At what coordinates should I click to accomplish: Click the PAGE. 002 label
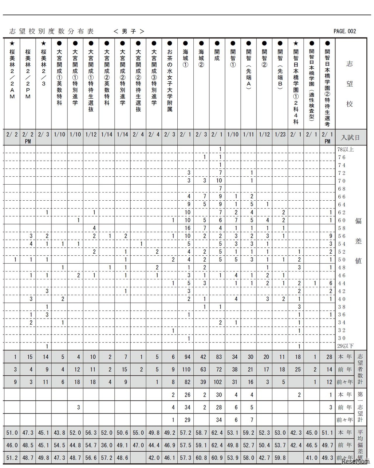tap(345, 31)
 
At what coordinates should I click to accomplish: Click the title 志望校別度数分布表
tap(51, 31)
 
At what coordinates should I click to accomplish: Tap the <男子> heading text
tap(129, 31)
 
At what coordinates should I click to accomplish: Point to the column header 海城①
tap(186, 58)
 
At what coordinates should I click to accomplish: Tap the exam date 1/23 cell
tap(280, 135)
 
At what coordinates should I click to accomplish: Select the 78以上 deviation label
tap(345, 149)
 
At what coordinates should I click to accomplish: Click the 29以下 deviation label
tap(345, 346)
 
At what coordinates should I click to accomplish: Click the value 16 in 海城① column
tap(187, 228)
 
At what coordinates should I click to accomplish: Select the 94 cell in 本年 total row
tap(187, 357)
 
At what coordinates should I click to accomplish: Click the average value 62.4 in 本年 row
tap(217, 432)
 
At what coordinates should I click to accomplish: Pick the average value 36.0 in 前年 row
tap(107, 445)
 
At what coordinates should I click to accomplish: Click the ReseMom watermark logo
tap(355, 461)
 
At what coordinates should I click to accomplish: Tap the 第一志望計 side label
tap(360, 407)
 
